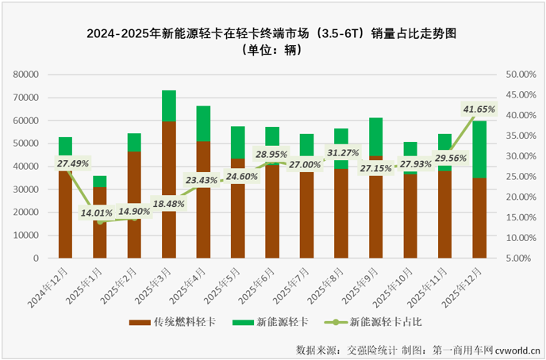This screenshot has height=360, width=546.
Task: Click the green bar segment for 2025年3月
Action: coord(169,105)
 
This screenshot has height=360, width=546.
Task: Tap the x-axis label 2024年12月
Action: coord(53,287)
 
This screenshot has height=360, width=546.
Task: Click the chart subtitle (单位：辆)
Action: coord(272,50)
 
